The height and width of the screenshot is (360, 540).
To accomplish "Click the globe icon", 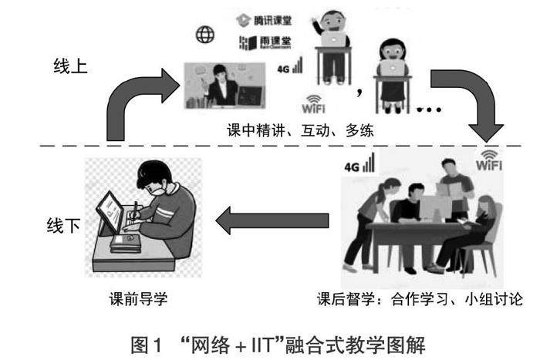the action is coord(205,35).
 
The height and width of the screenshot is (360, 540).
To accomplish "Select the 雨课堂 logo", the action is coord(258,42).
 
